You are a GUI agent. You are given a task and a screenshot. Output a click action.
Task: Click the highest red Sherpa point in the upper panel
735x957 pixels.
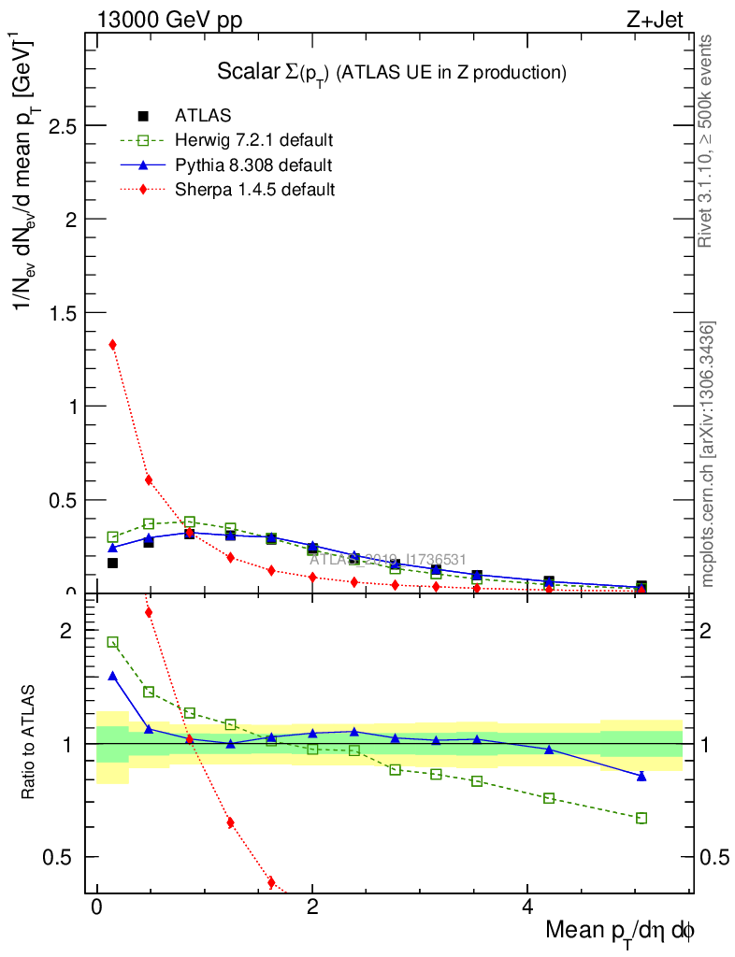click(x=113, y=345)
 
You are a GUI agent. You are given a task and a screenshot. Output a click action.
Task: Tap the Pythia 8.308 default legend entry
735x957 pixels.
click(x=253, y=165)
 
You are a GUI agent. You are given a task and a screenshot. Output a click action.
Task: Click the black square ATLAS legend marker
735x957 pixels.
click(x=143, y=116)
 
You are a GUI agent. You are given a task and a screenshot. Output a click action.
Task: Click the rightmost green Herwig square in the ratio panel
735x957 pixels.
click(x=641, y=818)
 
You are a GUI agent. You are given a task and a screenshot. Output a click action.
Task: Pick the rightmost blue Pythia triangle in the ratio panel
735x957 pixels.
click(x=641, y=776)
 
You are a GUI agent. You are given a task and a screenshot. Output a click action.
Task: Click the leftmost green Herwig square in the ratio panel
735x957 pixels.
click(x=113, y=642)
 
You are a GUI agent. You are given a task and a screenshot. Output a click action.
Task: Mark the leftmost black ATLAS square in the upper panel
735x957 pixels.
click(x=113, y=563)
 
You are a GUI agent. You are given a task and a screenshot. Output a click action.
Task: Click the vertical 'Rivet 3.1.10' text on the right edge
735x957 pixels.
click(x=707, y=140)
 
